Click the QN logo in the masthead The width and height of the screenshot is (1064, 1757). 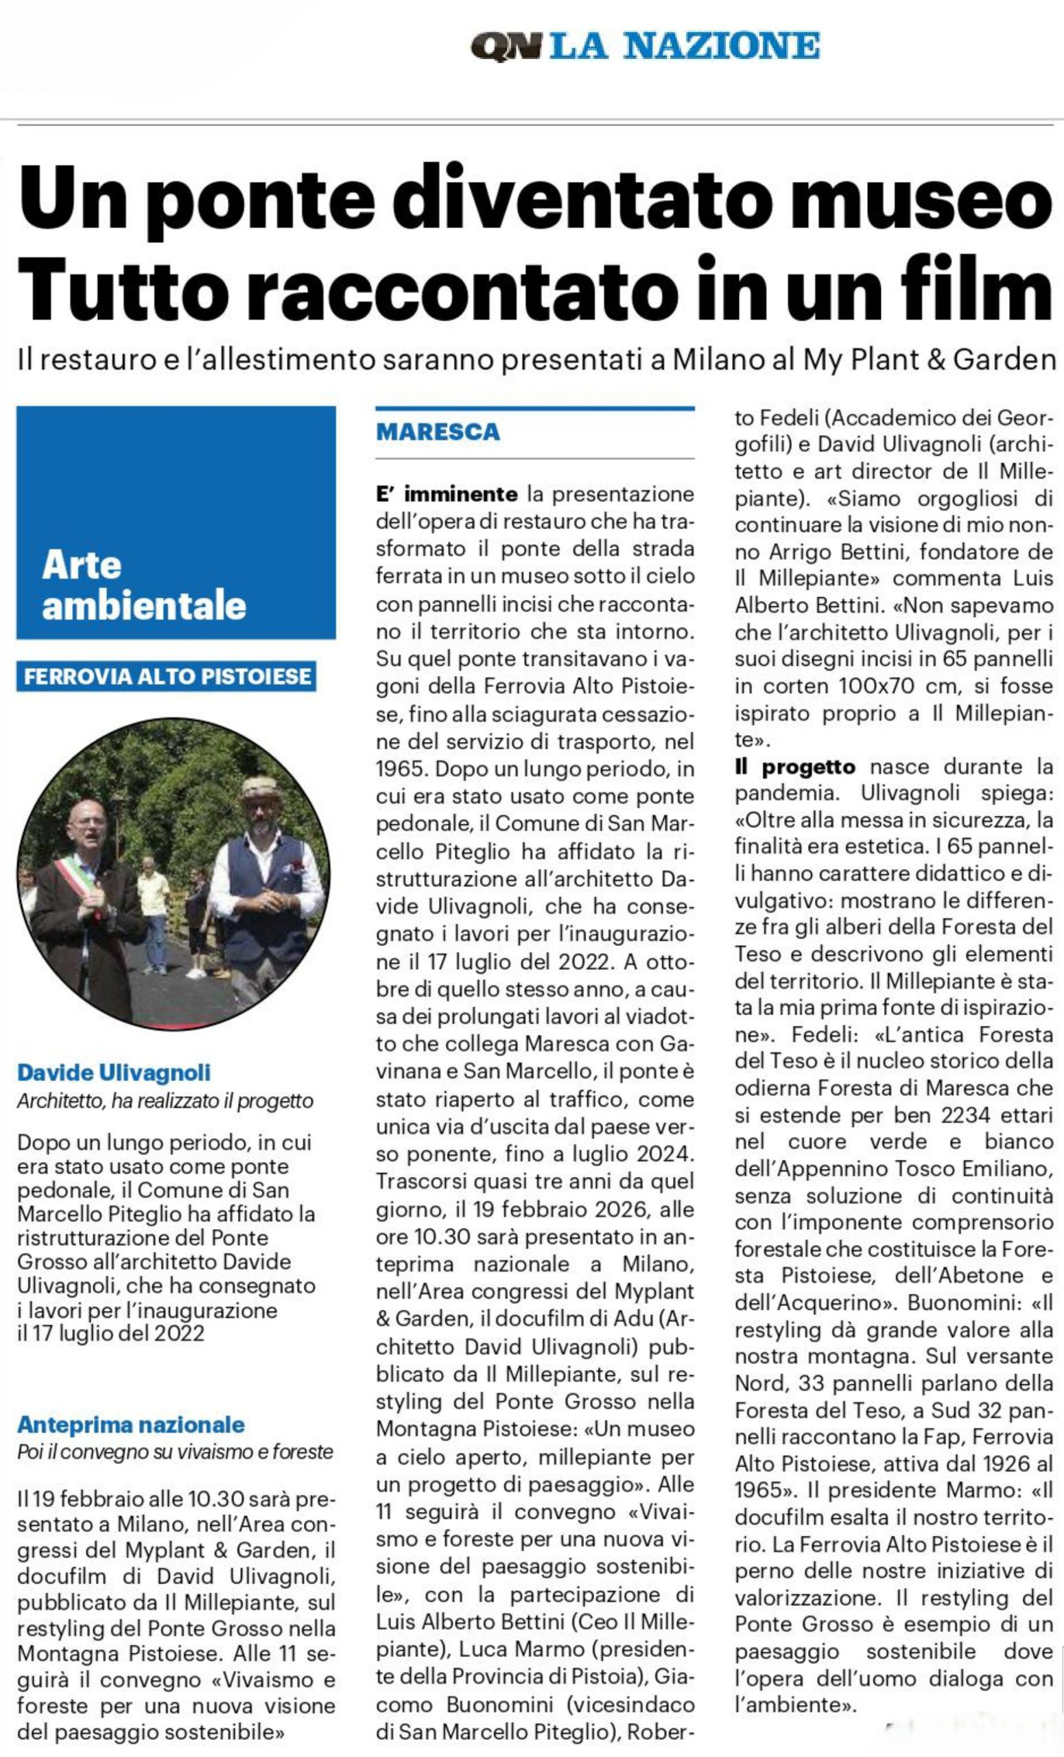(x=506, y=48)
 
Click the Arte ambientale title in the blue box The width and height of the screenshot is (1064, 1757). (x=143, y=585)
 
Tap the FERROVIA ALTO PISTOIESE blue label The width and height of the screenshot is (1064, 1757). (x=167, y=676)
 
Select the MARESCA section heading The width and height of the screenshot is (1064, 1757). (x=438, y=432)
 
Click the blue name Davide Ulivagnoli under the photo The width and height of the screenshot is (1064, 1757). (x=114, y=1073)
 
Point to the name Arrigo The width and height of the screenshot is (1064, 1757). (x=804, y=551)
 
